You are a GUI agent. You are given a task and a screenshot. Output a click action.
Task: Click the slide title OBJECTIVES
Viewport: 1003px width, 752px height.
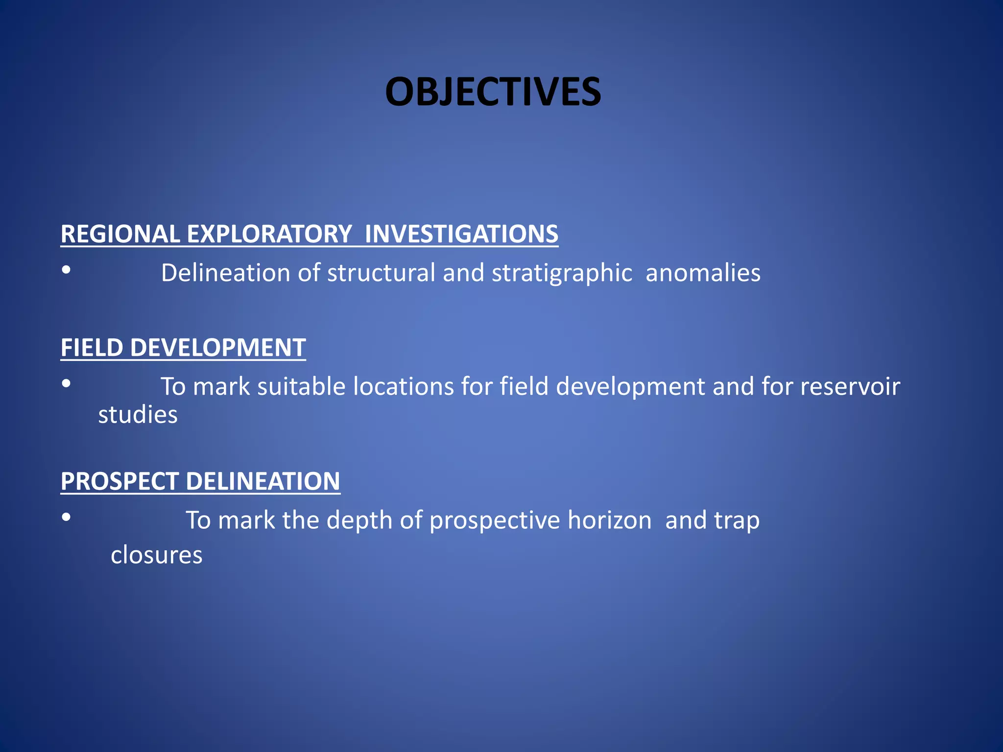pos(493,92)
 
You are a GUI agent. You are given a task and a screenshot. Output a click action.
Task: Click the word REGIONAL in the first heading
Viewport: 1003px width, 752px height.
pos(120,234)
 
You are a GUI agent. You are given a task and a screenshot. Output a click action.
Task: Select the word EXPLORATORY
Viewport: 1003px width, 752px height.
pos(269,234)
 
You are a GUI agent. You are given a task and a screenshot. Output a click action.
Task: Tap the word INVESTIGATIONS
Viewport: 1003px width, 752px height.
pos(461,234)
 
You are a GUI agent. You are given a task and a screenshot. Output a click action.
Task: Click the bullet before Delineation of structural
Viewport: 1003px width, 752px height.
pos(67,270)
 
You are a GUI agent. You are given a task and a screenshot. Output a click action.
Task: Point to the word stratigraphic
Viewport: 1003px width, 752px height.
pos(562,273)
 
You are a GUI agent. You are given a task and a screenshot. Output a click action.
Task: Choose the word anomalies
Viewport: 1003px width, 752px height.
pos(703,273)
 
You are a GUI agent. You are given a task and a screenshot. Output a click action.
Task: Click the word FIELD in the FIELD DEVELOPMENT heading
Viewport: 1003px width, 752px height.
pos(92,348)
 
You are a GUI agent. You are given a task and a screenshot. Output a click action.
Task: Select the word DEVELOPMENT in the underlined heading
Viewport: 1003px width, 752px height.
pos(218,348)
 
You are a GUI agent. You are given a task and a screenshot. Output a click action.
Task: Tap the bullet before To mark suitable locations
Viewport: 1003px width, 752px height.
pos(67,383)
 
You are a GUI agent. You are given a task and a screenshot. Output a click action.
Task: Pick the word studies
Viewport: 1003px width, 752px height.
pos(138,415)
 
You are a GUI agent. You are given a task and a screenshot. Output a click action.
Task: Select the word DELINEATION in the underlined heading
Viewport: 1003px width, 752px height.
pos(263,481)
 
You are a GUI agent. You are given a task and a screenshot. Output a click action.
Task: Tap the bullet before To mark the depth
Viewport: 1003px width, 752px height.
pos(67,517)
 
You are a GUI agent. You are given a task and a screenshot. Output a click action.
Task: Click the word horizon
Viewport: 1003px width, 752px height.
pos(609,520)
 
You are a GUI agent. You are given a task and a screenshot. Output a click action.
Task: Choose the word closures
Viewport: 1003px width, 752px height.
pos(156,556)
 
